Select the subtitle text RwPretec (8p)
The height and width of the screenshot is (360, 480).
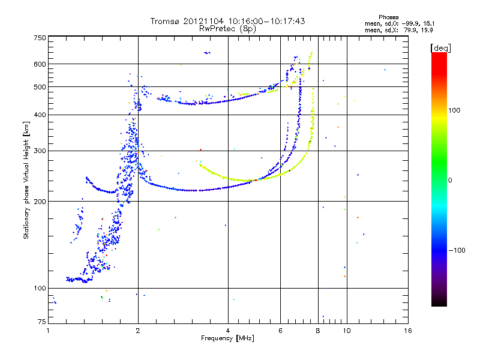click(x=227, y=29)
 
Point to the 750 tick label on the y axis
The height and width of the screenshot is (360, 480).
click(x=40, y=38)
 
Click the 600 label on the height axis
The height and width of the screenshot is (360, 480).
click(x=40, y=64)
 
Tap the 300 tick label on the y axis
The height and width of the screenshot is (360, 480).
click(x=40, y=151)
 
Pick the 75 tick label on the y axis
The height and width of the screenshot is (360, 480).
click(x=42, y=322)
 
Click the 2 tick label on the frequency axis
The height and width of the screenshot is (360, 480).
click(x=138, y=331)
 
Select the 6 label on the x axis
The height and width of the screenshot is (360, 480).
click(x=280, y=331)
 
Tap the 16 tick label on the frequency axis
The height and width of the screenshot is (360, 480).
click(x=408, y=331)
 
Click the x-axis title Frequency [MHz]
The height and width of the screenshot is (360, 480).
click(x=227, y=338)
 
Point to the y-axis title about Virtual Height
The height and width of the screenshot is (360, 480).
click(x=26, y=181)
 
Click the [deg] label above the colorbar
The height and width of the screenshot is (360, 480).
click(x=440, y=48)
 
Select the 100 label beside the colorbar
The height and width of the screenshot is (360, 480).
click(x=454, y=110)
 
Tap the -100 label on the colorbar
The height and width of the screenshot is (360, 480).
click(x=457, y=250)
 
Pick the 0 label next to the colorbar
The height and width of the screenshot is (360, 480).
click(x=450, y=181)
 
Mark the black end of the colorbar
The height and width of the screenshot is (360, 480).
click(x=439, y=302)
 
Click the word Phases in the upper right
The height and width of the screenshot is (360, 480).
click(x=388, y=17)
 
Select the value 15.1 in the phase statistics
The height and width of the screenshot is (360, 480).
click(x=428, y=23)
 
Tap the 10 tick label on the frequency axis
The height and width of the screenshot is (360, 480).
click(x=347, y=331)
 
